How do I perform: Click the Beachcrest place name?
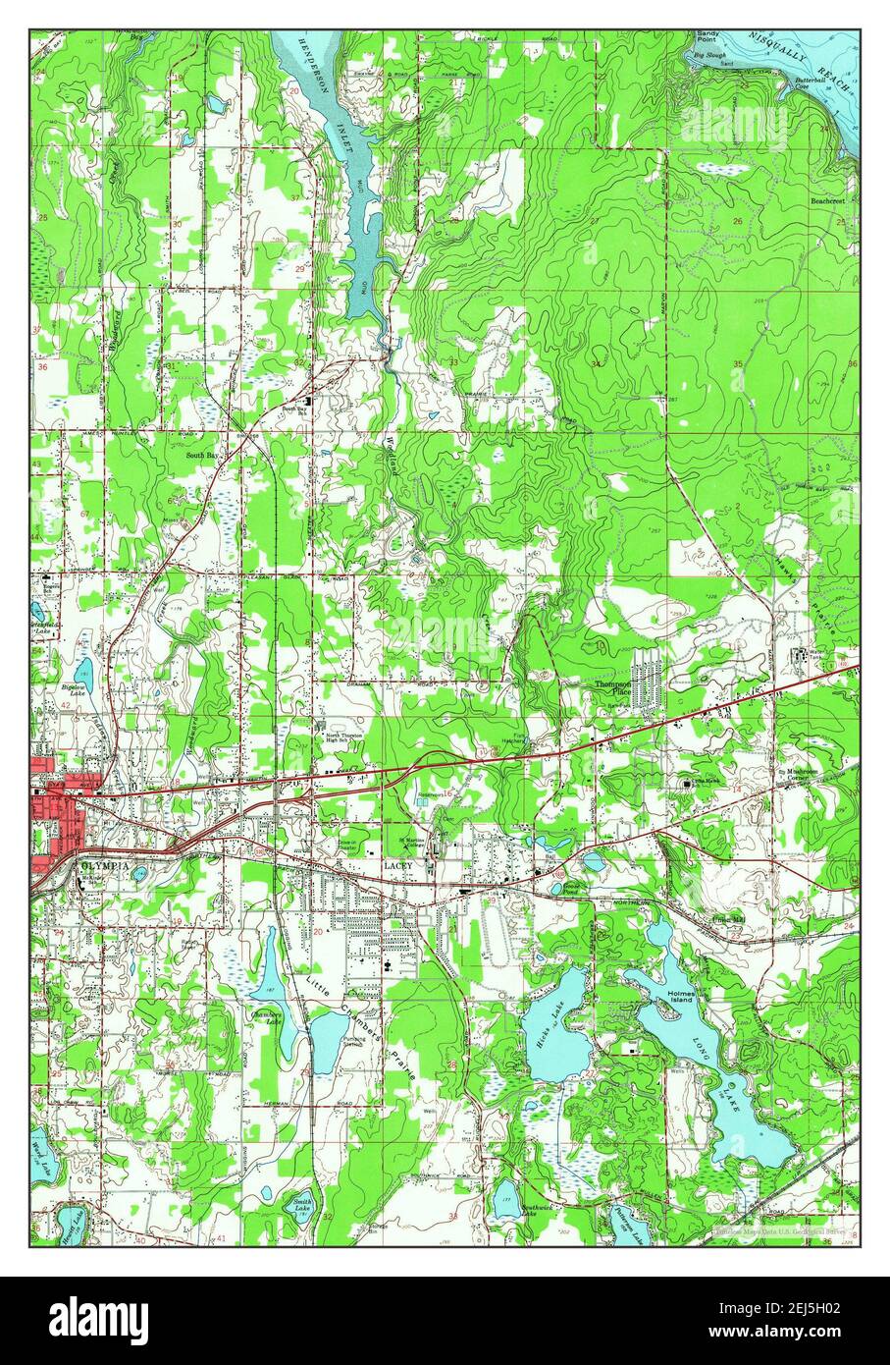point(827,199)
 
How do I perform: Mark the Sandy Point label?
point(707,37)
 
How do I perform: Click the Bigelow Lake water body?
point(83,673)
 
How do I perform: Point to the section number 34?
point(597,364)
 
